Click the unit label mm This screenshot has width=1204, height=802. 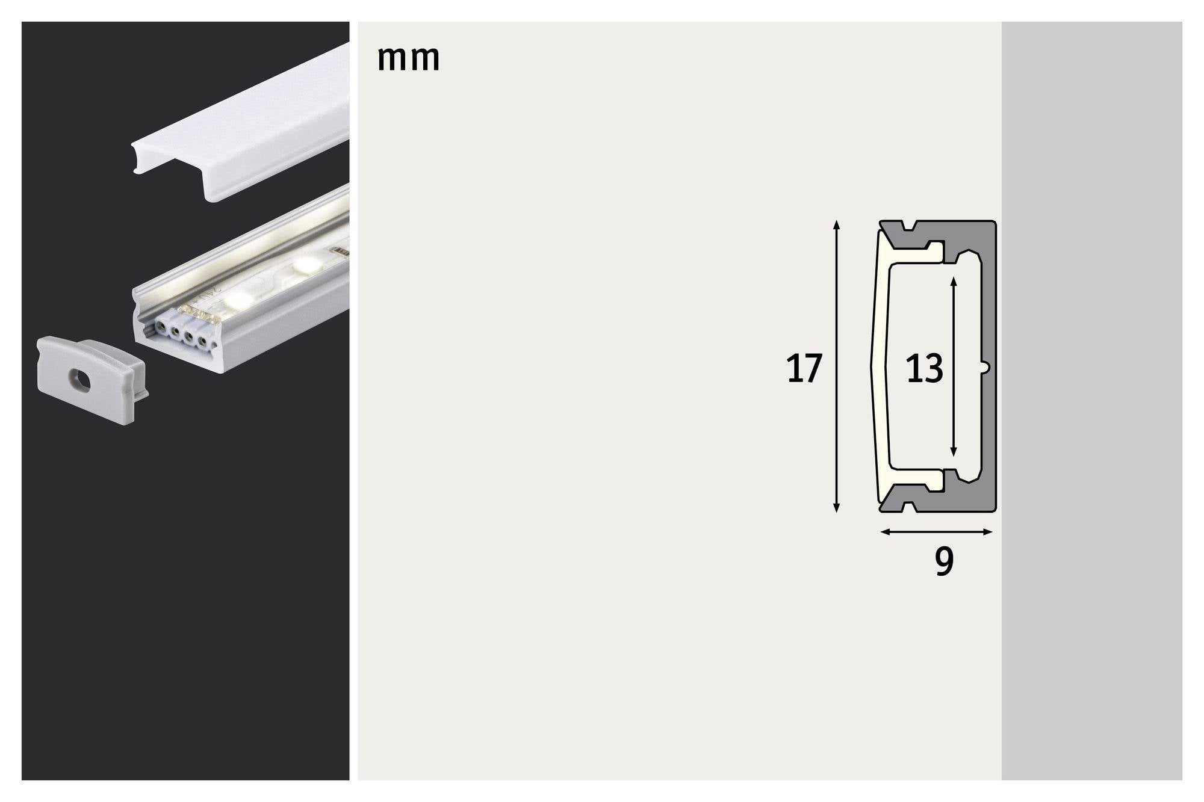coord(408,58)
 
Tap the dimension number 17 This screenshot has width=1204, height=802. coord(804,369)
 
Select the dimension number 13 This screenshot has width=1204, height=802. coord(924,369)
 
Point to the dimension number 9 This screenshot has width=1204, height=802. coord(944,561)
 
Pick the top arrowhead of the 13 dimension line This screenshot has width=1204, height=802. coord(953,281)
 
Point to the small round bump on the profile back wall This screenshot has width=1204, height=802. coord(985,366)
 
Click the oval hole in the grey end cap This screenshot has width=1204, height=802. coord(79,380)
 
